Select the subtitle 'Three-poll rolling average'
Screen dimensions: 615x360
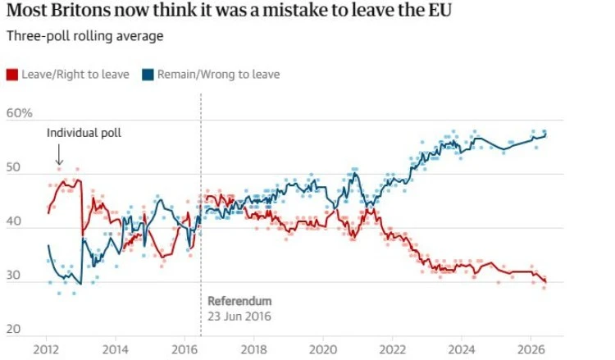(84, 36)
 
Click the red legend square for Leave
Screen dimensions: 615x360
(12, 75)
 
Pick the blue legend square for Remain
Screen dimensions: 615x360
(148, 75)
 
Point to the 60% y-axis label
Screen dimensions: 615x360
(19, 113)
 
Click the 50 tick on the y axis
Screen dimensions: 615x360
(13, 167)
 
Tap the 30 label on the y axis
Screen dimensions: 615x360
(13, 275)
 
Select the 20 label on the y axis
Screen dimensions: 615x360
(13, 329)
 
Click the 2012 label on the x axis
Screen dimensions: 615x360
(46, 349)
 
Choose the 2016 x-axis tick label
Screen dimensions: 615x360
(184, 349)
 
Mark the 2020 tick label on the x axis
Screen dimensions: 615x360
(323, 349)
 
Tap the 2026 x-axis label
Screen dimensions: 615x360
(531, 349)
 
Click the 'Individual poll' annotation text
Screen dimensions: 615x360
(84, 133)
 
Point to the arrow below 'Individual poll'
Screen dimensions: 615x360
(59, 154)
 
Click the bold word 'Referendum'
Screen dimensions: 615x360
(239, 301)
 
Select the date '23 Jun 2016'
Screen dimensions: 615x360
(239, 317)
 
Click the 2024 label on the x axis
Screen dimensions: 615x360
(462, 349)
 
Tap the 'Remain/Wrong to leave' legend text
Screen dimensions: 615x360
(218, 75)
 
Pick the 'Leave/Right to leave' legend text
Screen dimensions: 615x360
(75, 75)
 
